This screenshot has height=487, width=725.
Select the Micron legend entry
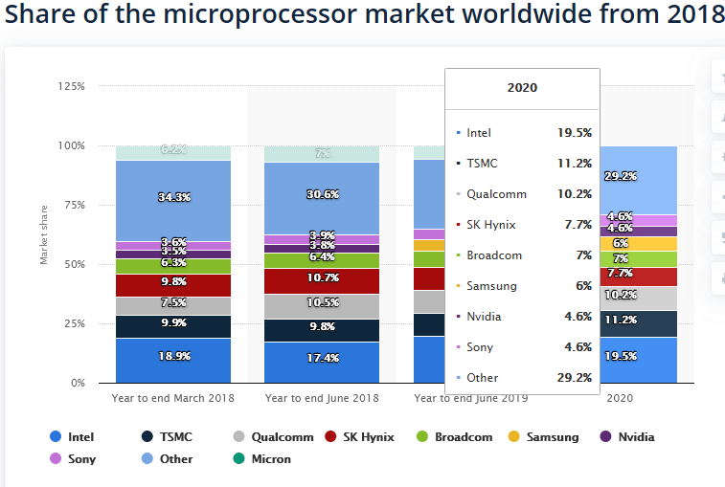[x=271, y=459]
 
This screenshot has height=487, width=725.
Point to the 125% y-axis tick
[x=72, y=86]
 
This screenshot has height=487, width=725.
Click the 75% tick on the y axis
[x=74, y=205]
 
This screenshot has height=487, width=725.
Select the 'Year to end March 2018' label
[x=173, y=397]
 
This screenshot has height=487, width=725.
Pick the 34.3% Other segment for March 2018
[x=174, y=197]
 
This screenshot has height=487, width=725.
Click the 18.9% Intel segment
[x=174, y=356]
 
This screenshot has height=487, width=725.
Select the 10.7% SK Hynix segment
[x=323, y=278]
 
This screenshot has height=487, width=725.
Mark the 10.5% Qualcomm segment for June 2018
[x=323, y=303]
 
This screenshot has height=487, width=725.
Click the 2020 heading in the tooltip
[x=522, y=88]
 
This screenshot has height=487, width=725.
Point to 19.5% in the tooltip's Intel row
[x=574, y=133]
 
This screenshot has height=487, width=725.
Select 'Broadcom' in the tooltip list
[x=489, y=255]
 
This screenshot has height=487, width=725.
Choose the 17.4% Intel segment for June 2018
[x=323, y=358]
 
